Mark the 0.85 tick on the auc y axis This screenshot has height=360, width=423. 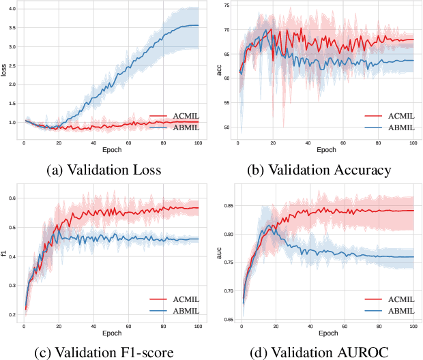click(x=228, y=206)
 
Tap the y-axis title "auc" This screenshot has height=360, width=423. click(x=220, y=254)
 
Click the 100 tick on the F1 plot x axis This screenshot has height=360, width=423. click(x=198, y=325)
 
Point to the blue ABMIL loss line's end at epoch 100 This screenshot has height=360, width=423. click(x=198, y=25)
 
